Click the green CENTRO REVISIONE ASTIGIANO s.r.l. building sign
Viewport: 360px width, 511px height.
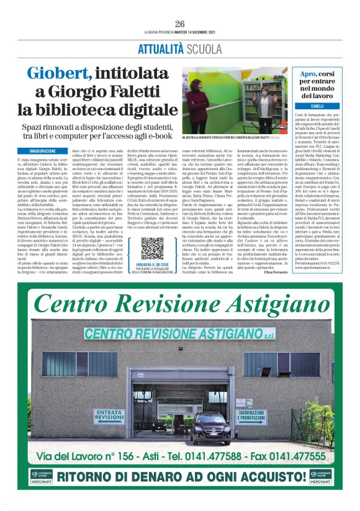pyautogui.click(x=179, y=334)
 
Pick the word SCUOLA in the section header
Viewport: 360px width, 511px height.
pyautogui.click(x=200, y=48)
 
